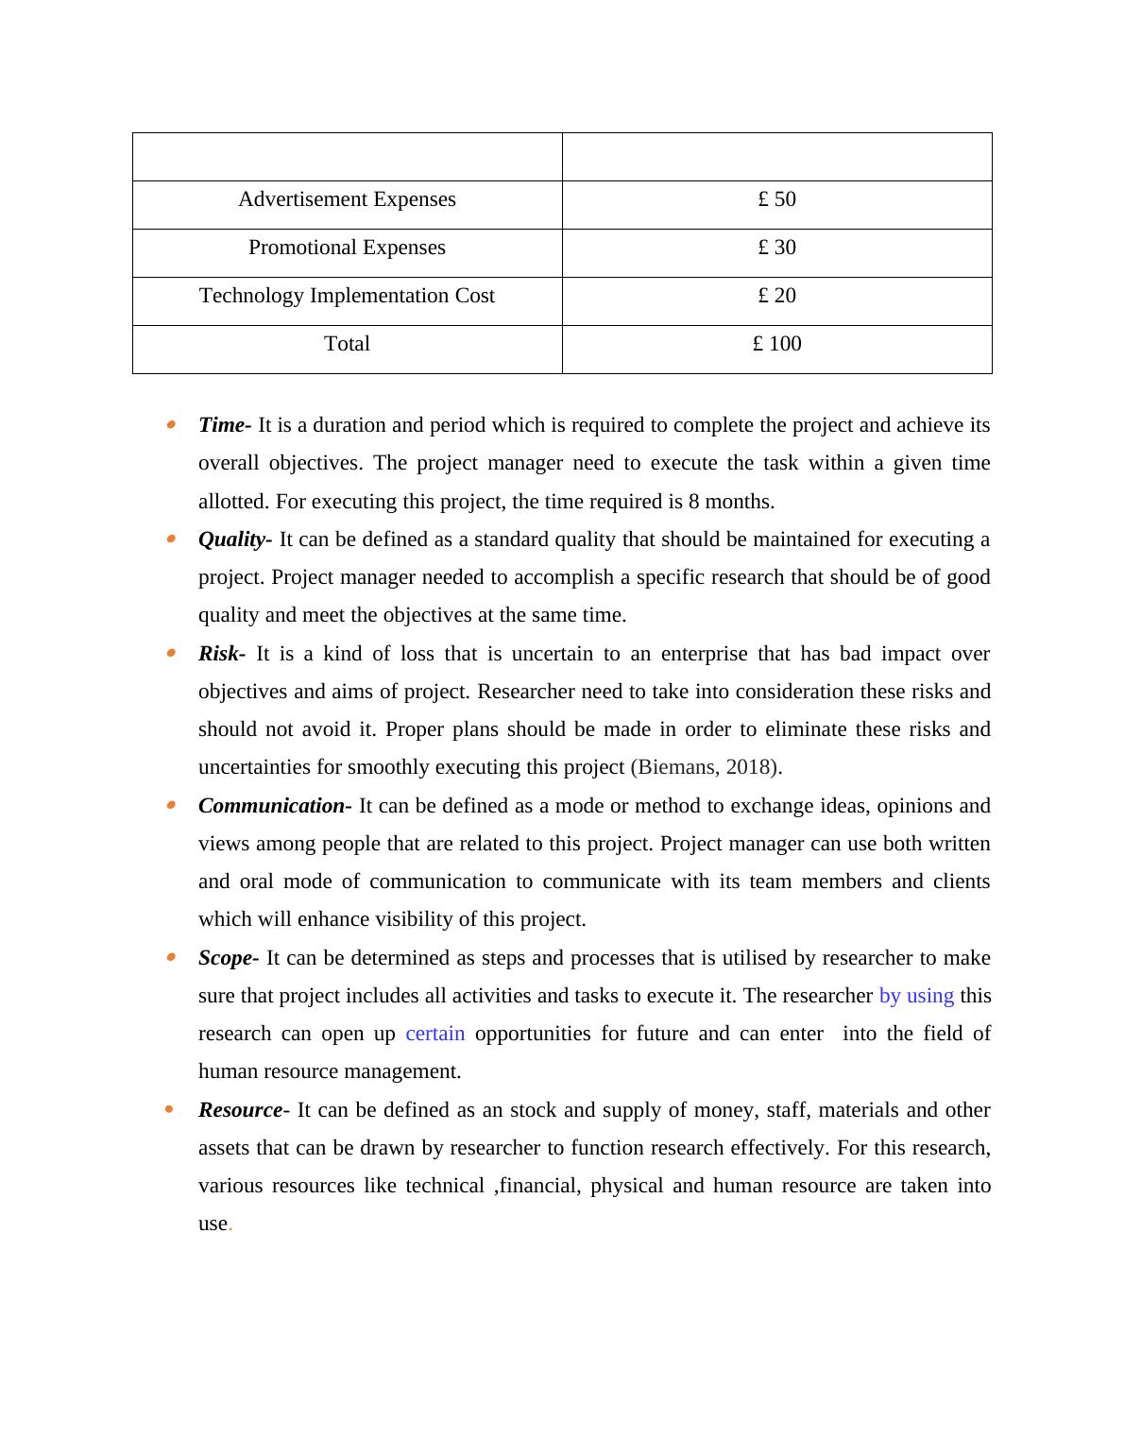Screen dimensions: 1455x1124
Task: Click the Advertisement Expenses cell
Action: click(x=347, y=199)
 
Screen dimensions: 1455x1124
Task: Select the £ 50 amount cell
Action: click(x=776, y=199)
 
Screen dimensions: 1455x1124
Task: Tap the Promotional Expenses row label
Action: click(x=347, y=248)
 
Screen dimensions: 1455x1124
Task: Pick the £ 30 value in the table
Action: click(x=776, y=248)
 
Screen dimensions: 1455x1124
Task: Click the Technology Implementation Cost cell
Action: click(x=347, y=296)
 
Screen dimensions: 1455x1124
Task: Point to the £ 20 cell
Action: click(x=776, y=296)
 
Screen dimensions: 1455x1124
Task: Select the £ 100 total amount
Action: click(x=776, y=344)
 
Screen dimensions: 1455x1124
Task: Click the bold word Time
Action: click(x=221, y=425)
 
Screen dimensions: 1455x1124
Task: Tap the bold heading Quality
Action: click(x=231, y=539)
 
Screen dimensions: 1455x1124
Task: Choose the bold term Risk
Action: click(x=218, y=654)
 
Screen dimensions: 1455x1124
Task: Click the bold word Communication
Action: click(x=271, y=806)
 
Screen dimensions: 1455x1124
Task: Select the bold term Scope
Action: click(x=225, y=958)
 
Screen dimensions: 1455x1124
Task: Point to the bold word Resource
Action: click(x=240, y=1110)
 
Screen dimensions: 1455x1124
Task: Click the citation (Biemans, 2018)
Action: click(x=705, y=767)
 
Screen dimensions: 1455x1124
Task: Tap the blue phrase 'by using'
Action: click(x=916, y=996)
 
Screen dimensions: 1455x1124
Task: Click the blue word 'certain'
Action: click(x=435, y=1034)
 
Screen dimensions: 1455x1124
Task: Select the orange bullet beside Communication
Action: click(x=171, y=806)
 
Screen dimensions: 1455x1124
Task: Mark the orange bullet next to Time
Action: click(x=171, y=425)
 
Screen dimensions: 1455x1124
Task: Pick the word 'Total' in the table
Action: click(x=347, y=344)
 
